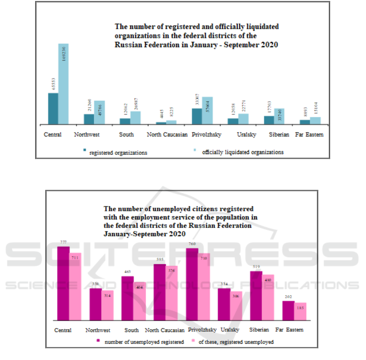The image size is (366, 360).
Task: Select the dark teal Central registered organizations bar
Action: [53, 108]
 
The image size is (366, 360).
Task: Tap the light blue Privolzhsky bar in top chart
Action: [207, 111]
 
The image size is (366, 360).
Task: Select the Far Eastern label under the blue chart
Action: [310, 134]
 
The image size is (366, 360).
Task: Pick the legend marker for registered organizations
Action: [85, 151]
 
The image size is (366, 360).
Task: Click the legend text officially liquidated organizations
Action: [243, 152]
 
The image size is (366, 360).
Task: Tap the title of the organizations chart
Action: [197, 36]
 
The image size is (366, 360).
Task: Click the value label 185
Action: [300, 308]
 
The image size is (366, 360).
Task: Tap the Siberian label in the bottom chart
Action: [259, 330]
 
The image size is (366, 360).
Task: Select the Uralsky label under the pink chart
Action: [230, 330]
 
